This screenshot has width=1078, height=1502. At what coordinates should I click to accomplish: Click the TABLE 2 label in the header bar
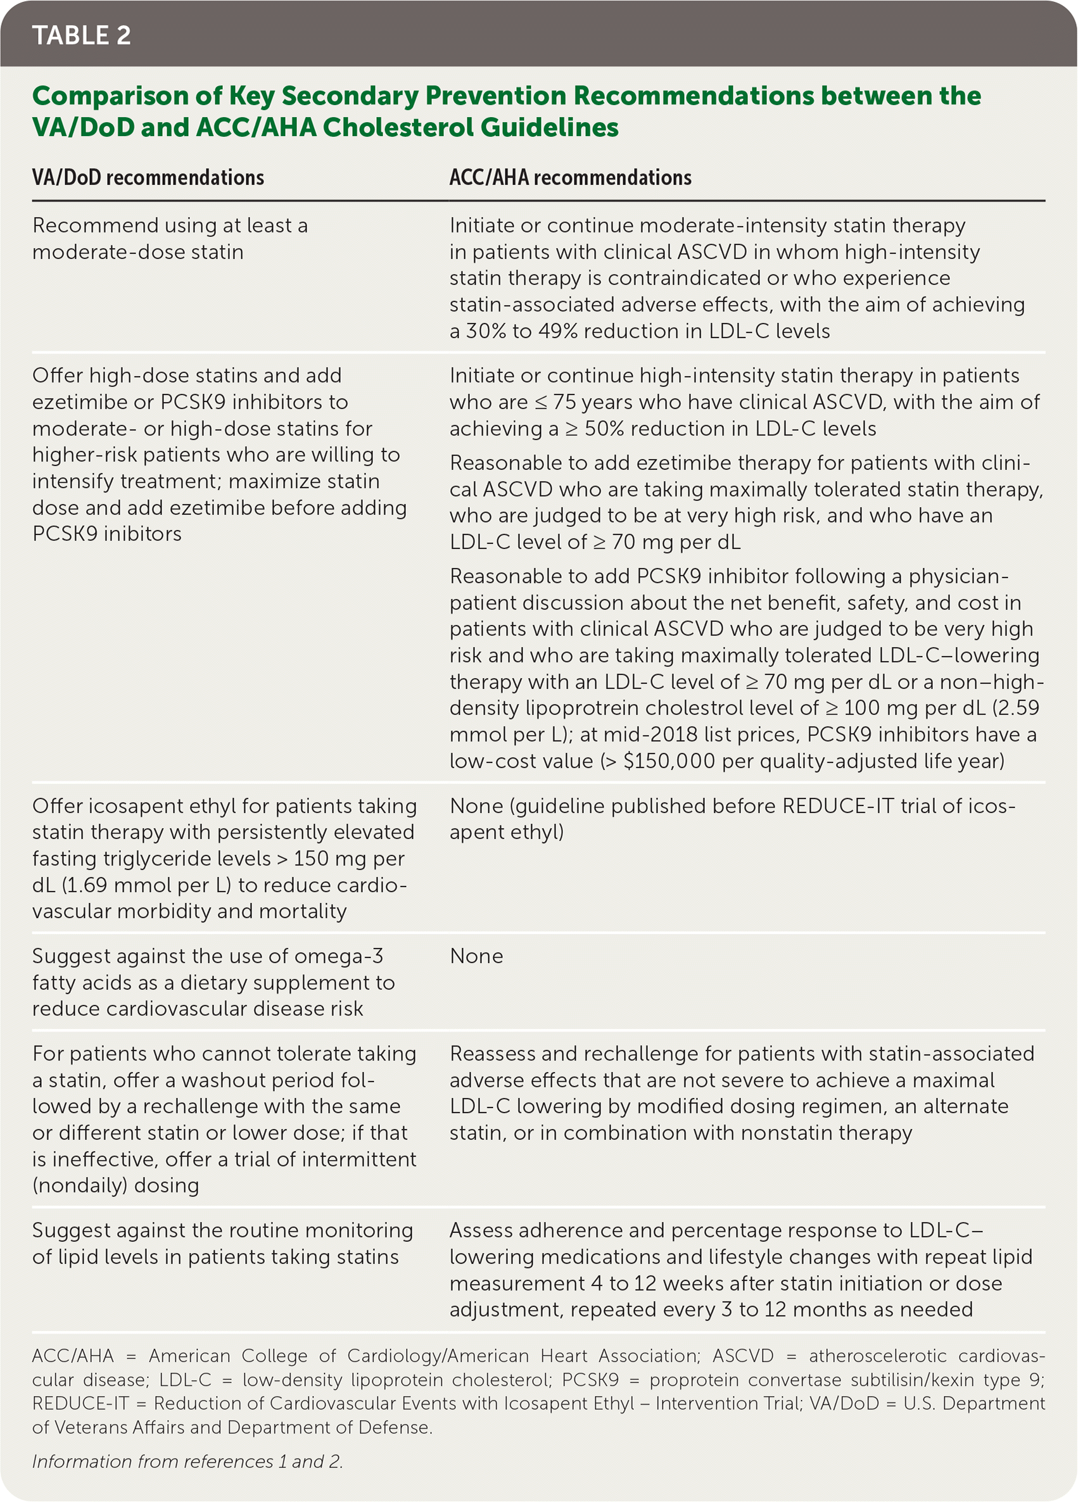coord(82,35)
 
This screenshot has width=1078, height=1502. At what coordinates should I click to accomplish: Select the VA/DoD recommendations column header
coord(148,177)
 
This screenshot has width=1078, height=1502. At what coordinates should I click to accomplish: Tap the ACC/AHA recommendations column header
coord(570,177)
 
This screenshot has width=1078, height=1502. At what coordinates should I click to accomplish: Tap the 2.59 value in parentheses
coord(1016,708)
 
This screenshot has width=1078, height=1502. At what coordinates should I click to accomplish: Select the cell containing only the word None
coord(476,956)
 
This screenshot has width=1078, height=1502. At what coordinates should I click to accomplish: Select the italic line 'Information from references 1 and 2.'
coord(187,1461)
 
